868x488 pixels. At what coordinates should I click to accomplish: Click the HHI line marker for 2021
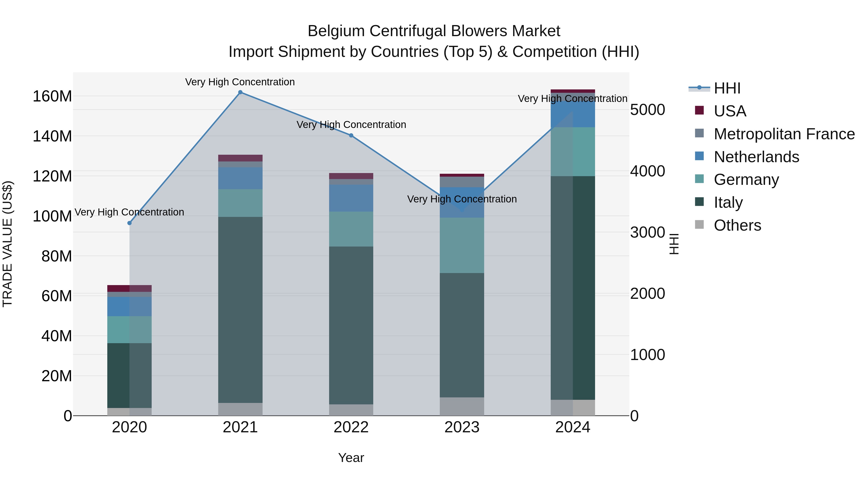pos(240,92)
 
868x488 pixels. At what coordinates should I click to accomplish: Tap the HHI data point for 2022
pos(351,135)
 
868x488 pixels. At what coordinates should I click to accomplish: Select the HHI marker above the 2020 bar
pos(129,223)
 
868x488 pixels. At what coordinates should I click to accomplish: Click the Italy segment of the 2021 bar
pos(240,310)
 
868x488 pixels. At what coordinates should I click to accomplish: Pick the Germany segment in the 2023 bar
pos(462,245)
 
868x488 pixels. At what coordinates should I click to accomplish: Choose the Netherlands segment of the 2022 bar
pos(351,198)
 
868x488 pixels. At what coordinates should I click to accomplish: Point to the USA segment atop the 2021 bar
pos(240,158)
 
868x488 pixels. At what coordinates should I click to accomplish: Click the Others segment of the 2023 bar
pos(462,407)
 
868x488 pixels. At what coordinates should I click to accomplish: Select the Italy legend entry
pos(728,202)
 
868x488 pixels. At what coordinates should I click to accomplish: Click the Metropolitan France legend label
pos(784,134)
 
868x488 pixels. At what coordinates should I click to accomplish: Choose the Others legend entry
pos(737,225)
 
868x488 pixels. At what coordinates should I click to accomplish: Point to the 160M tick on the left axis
pos(52,96)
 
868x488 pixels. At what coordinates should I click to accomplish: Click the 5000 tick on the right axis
pos(647,110)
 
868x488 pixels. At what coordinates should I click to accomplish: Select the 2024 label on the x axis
pos(573,427)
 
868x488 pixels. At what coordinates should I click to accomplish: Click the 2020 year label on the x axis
pos(129,427)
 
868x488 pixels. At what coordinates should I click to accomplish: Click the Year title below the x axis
pos(351,458)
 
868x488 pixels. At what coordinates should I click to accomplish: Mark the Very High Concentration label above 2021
pos(240,82)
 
